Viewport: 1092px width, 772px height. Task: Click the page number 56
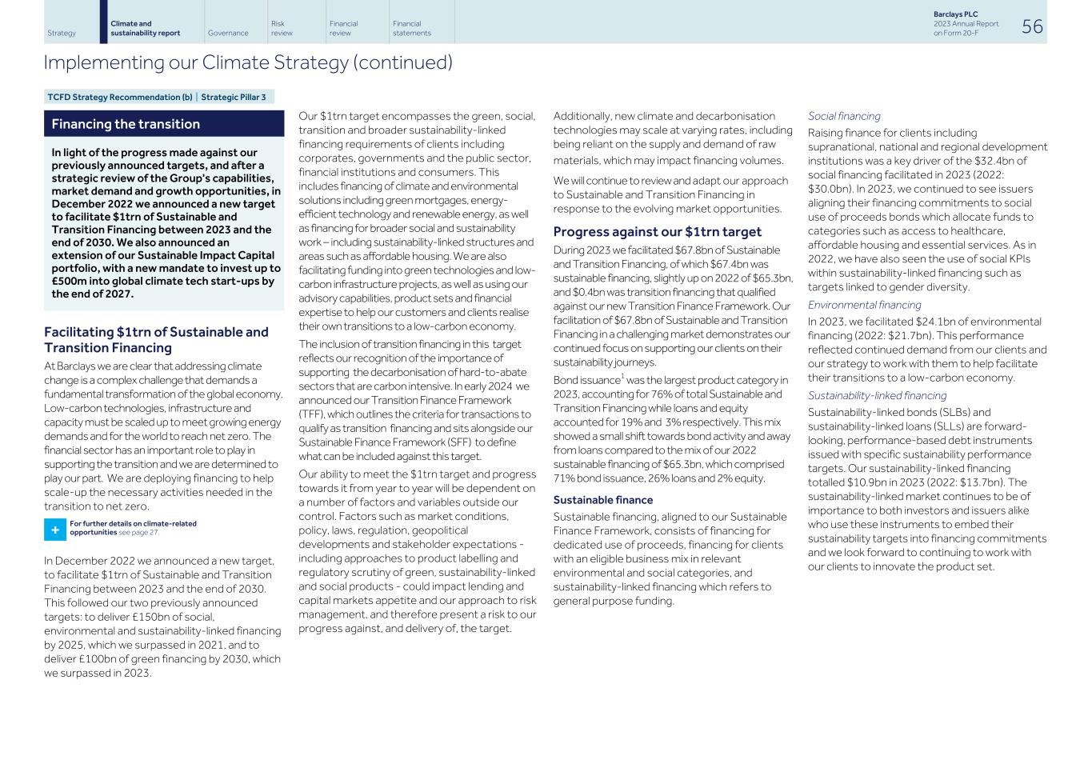1032,26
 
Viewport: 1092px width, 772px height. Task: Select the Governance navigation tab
228,34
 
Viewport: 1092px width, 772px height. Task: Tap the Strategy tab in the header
62,34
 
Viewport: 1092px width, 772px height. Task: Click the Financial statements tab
411,29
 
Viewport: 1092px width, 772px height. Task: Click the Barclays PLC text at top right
955,14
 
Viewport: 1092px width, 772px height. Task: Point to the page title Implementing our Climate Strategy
248,62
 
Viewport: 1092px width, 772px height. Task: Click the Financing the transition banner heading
126,124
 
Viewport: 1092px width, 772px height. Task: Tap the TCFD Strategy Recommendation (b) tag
119,98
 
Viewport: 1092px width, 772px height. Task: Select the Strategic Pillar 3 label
234,98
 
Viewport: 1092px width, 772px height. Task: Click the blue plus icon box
55,530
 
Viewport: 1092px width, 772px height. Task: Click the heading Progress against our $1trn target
657,232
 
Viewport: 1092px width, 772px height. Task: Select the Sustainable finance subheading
602,500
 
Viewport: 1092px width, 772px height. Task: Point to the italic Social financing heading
843,116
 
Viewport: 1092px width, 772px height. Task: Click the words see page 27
138,533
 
